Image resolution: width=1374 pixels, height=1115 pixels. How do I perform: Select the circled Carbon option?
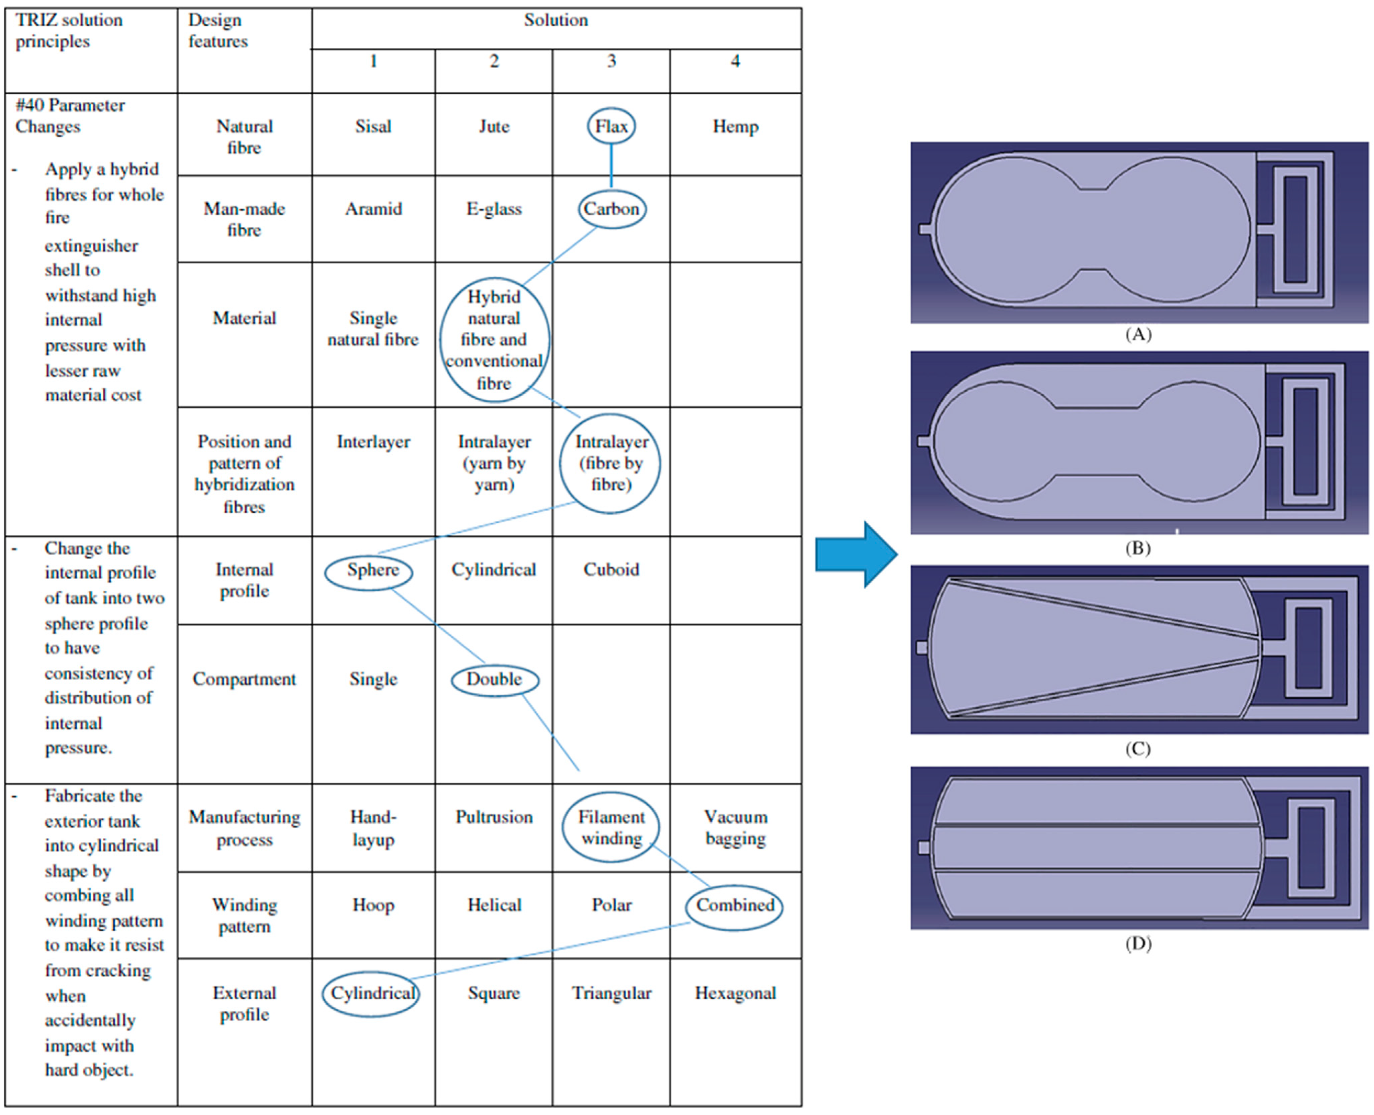pyautogui.click(x=612, y=209)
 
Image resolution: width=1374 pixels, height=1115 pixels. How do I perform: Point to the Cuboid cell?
pyautogui.click(x=611, y=570)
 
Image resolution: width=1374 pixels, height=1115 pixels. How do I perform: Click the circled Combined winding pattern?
pyautogui.click(x=735, y=906)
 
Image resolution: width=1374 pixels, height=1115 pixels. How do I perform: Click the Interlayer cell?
pyautogui.click(x=373, y=442)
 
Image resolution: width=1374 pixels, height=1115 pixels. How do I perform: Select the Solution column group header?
pyautogui.click(x=556, y=20)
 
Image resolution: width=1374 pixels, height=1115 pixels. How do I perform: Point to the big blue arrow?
pyautogui.click(x=856, y=554)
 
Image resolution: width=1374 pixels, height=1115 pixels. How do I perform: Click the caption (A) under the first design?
pyautogui.click(x=1138, y=334)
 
